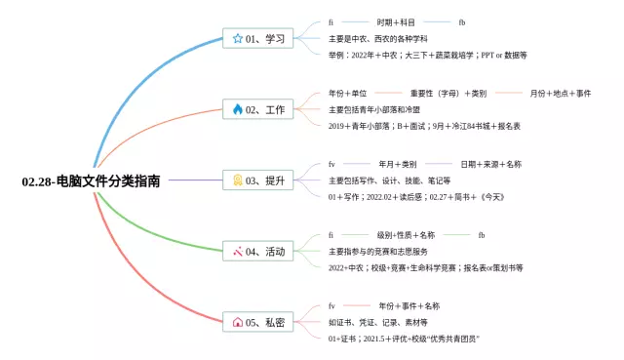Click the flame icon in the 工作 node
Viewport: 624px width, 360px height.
click(238, 109)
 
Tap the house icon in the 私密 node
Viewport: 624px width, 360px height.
click(238, 322)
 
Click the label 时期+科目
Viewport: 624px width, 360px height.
click(395, 21)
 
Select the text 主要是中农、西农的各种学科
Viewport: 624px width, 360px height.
click(380, 38)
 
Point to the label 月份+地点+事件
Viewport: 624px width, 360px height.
click(561, 93)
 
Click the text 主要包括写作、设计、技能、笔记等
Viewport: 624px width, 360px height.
click(389, 180)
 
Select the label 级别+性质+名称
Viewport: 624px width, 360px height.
click(406, 235)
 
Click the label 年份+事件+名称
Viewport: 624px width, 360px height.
click(409, 306)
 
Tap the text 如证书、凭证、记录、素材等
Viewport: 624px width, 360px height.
click(377, 322)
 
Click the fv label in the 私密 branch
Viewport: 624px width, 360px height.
click(331, 306)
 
